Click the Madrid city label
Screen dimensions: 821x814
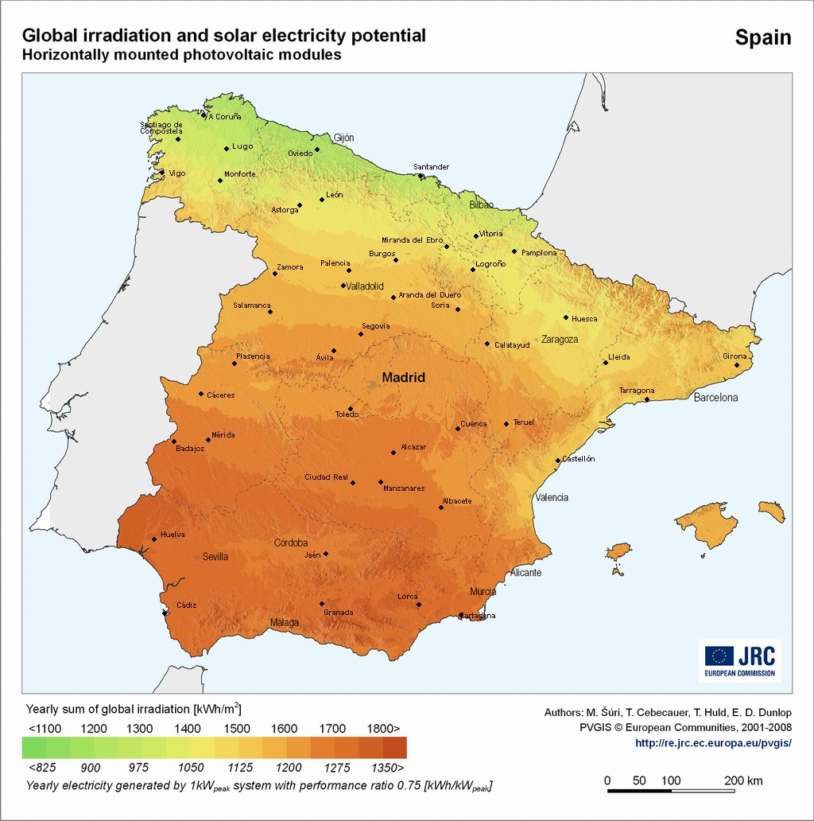pos(403,378)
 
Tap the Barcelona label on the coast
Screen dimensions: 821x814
pos(715,397)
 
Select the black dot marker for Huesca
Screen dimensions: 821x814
pos(566,317)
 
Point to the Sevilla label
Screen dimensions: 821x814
pos(215,557)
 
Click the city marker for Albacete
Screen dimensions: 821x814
pos(441,508)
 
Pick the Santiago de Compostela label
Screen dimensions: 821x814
pos(161,127)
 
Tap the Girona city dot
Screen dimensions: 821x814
pos(737,365)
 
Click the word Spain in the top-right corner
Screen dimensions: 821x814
pos(762,37)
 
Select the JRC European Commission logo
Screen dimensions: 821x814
pos(739,660)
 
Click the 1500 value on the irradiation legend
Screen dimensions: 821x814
pos(236,729)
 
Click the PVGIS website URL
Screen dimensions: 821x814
pos(713,743)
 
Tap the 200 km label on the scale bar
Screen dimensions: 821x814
pos(743,780)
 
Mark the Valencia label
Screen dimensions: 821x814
pos(552,497)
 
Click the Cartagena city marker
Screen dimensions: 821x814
pos(461,615)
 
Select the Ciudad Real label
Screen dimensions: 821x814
pos(326,477)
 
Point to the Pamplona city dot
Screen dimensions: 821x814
pos(514,251)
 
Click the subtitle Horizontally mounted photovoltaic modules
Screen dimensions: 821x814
pos(181,56)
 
